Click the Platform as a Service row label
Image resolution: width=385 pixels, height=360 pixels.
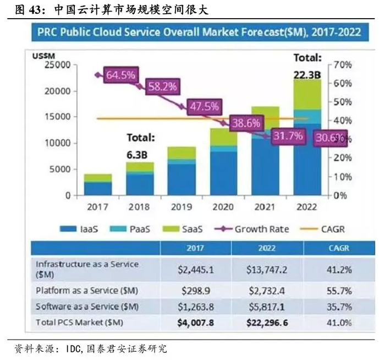click(x=86, y=291)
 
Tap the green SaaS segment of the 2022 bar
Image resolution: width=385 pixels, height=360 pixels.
click(x=306, y=94)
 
